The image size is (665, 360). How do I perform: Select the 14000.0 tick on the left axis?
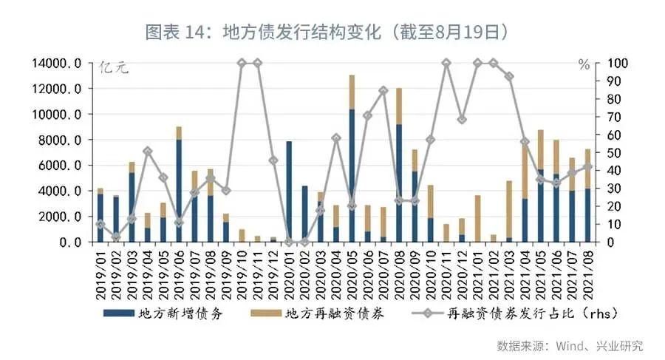(x=57, y=64)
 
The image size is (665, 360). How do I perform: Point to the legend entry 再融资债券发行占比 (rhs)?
(x=532, y=313)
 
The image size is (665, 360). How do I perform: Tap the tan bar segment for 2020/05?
(x=352, y=92)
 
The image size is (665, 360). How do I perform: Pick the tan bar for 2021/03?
(x=510, y=209)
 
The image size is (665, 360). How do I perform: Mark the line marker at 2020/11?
(x=446, y=64)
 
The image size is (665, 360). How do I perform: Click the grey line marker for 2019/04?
(x=148, y=151)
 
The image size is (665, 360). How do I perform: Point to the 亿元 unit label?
(x=114, y=68)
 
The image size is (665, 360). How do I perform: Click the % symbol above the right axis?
(x=584, y=65)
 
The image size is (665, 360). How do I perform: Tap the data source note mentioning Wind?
(x=569, y=345)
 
